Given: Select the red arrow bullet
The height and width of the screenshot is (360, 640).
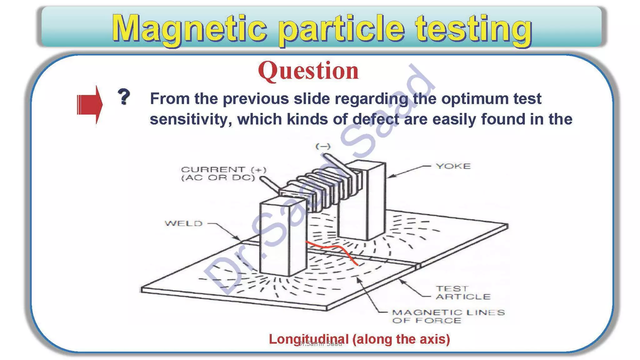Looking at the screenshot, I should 90,105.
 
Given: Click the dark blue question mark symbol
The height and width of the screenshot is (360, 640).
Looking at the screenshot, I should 124,97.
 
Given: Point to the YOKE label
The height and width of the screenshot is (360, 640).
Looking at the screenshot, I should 453,166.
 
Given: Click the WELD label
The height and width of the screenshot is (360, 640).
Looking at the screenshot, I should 184,223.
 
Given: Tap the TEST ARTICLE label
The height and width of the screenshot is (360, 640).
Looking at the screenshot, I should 463,292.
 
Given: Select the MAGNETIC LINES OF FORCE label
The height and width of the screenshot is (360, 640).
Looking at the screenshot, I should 448,316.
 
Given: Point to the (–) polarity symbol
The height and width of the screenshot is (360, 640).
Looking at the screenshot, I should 323,146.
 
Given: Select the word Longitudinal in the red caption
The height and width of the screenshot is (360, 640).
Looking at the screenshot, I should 308,339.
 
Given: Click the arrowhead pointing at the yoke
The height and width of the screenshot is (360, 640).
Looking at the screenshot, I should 391,177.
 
